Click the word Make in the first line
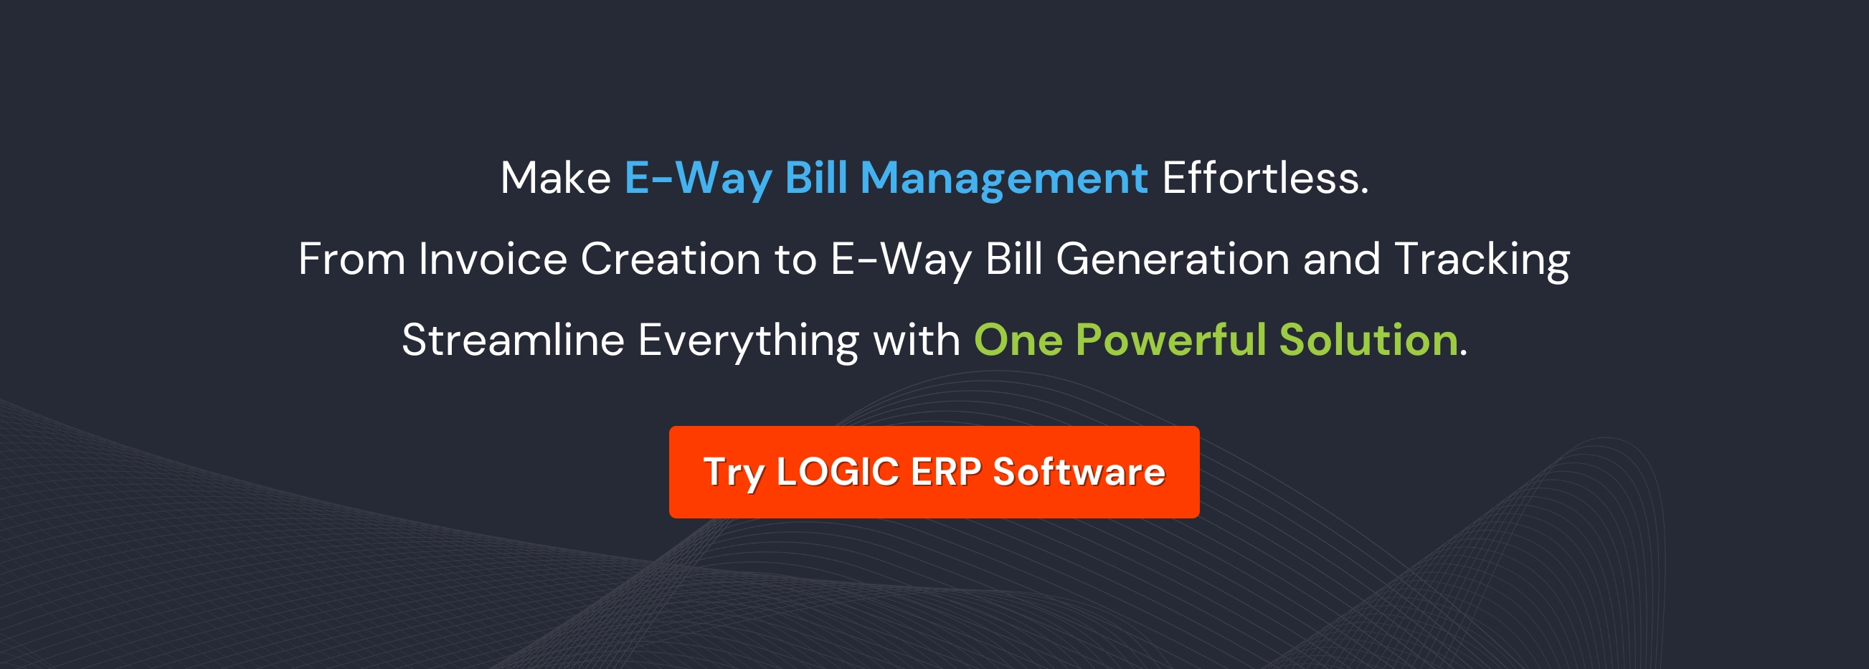point(556,179)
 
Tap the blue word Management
point(1003,179)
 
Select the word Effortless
point(1264,179)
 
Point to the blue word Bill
point(815,179)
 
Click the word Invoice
point(493,260)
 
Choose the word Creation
point(670,260)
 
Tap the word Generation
point(1173,260)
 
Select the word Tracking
point(1481,260)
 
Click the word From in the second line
point(351,260)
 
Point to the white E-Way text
point(900,260)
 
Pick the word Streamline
point(512,341)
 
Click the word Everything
point(748,341)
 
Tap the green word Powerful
point(1170,341)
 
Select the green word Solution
point(1368,341)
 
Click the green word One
point(1018,341)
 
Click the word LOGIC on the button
point(837,473)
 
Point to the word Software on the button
point(1078,473)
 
